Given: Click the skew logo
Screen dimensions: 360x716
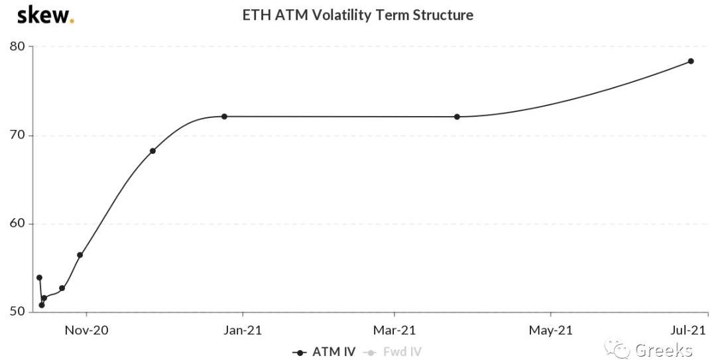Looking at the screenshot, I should pyautogui.click(x=45, y=15).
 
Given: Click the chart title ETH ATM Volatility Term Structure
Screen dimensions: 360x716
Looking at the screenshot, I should pyautogui.click(x=358, y=15).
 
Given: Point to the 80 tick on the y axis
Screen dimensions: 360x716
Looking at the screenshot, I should pyautogui.click(x=17, y=46).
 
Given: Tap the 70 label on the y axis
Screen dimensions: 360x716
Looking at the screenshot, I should pyautogui.click(x=17, y=135).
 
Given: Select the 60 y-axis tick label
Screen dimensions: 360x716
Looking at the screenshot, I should pyautogui.click(x=17, y=223).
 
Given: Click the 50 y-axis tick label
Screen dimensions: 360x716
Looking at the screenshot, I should pyautogui.click(x=17, y=312).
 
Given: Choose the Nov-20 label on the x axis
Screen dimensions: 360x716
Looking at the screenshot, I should pyautogui.click(x=86, y=330).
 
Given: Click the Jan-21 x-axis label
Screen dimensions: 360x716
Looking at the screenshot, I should pyautogui.click(x=243, y=330).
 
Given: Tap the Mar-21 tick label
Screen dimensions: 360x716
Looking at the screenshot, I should pyautogui.click(x=394, y=330).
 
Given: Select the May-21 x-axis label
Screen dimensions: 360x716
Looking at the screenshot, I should pyautogui.click(x=551, y=330).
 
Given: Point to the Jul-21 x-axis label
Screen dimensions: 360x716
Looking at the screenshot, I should pyautogui.click(x=690, y=330).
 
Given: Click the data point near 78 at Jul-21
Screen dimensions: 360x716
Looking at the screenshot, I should pyautogui.click(x=690, y=61).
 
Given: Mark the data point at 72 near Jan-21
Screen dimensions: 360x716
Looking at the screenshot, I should pyautogui.click(x=224, y=116).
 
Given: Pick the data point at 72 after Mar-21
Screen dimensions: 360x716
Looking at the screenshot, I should pyautogui.click(x=457, y=117).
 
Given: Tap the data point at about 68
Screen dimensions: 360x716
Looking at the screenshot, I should pyautogui.click(x=152, y=151).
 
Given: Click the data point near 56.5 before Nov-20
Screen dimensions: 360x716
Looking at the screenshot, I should pyautogui.click(x=80, y=255).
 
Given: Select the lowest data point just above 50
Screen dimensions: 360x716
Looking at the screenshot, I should pyautogui.click(x=41, y=305).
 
